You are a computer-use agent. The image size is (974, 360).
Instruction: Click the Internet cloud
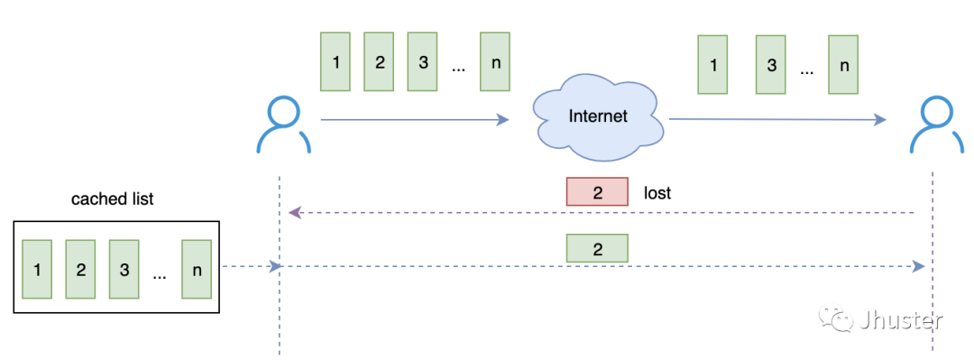(x=597, y=116)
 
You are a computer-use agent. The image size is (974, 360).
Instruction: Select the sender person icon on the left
(x=283, y=125)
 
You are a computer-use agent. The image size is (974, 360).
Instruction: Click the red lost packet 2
(x=596, y=192)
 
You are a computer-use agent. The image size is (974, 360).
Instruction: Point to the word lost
(x=657, y=193)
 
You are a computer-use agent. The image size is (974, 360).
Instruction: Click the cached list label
(x=113, y=199)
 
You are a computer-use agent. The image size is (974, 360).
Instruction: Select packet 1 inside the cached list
(x=37, y=269)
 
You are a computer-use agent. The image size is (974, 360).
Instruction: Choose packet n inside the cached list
(x=196, y=269)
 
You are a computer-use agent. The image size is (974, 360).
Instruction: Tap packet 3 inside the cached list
(x=124, y=269)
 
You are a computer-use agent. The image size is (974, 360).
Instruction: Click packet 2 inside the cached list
(x=81, y=269)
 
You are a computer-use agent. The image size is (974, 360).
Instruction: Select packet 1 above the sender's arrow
(x=335, y=61)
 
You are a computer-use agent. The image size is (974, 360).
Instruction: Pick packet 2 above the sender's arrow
(x=379, y=61)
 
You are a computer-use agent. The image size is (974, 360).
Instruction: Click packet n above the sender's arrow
(x=494, y=61)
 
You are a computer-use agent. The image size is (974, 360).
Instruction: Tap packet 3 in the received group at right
(x=771, y=65)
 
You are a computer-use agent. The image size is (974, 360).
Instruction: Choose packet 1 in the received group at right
(x=713, y=65)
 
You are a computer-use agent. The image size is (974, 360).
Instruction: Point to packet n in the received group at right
(x=843, y=65)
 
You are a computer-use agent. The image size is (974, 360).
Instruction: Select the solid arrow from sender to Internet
(x=415, y=119)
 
